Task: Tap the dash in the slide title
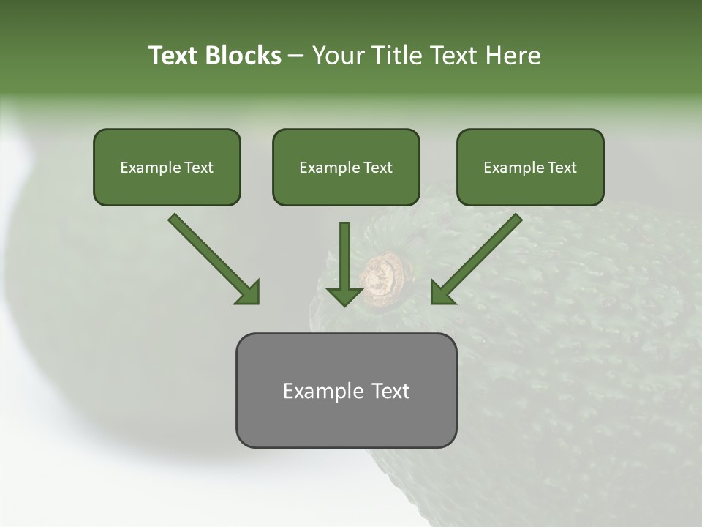[296, 56]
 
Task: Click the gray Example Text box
[346, 417]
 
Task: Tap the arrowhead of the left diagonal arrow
[249, 293]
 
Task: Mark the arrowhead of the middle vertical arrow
[344, 296]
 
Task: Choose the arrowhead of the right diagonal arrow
[442, 293]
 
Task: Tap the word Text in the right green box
[562, 168]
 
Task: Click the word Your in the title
[336, 56]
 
